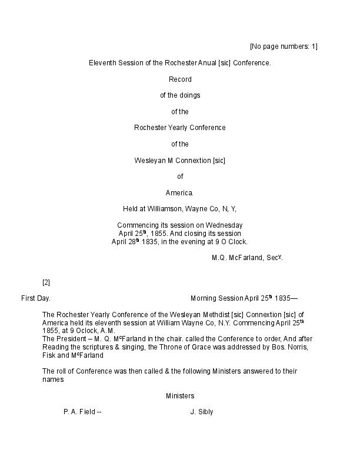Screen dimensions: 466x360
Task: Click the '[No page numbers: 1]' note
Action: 283,46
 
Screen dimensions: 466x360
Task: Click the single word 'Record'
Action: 180,79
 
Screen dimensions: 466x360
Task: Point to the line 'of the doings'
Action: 180,95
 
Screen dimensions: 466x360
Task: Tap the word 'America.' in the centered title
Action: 180,192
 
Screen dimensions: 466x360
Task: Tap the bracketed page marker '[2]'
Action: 46,282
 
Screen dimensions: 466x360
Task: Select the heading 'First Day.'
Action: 36,298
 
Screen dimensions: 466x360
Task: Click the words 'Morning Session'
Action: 216,298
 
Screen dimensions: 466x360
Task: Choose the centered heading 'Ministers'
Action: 180,396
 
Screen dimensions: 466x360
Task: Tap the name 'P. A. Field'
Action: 79,412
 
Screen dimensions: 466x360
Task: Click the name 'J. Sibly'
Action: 201,412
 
